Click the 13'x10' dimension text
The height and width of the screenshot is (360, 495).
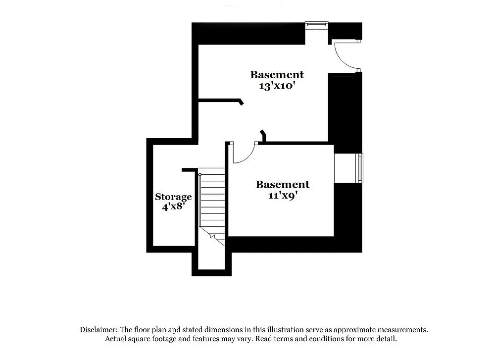277,85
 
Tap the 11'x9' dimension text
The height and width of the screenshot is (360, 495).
282,195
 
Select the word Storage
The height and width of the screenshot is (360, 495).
173,197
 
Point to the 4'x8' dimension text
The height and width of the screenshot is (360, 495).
173,206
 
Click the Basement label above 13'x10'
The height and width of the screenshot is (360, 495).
277,75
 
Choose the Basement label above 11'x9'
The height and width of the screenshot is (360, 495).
282,185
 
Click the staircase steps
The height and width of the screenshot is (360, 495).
212,198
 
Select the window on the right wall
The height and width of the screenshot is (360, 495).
360,168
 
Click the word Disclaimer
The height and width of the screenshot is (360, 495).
98,329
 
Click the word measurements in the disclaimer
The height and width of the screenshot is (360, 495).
403,329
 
